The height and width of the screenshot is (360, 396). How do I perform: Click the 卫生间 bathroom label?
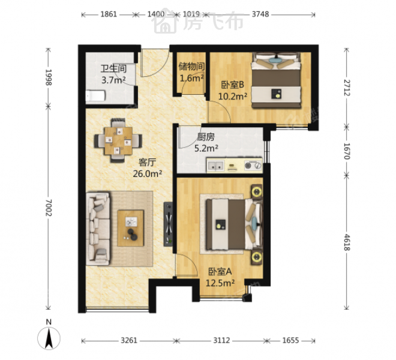point(113,68)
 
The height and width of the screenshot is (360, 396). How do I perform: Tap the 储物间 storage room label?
point(191,67)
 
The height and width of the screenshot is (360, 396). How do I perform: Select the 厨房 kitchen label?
point(206,137)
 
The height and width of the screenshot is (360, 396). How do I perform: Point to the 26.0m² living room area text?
point(148,173)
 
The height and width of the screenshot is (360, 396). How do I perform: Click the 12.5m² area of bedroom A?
point(220,283)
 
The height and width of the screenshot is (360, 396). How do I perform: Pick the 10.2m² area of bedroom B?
point(233,96)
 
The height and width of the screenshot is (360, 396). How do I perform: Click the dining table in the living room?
point(118,140)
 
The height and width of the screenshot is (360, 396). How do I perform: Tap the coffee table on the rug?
point(131,228)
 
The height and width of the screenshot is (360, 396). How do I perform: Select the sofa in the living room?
point(98,229)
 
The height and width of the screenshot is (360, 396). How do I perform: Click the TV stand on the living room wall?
point(168,224)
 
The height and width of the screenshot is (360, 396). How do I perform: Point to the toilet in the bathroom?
point(95,96)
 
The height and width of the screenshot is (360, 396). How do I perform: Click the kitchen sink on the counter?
point(215,166)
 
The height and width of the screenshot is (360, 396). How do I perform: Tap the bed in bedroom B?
point(276,80)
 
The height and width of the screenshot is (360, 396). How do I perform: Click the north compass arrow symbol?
point(49,338)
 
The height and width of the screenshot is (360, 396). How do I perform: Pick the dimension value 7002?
point(49,208)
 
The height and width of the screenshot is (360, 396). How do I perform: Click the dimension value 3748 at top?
point(260,14)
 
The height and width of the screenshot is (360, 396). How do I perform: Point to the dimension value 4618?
point(347,242)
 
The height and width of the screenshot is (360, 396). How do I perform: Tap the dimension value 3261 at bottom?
point(129,340)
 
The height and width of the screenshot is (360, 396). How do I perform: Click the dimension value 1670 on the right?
point(347,151)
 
